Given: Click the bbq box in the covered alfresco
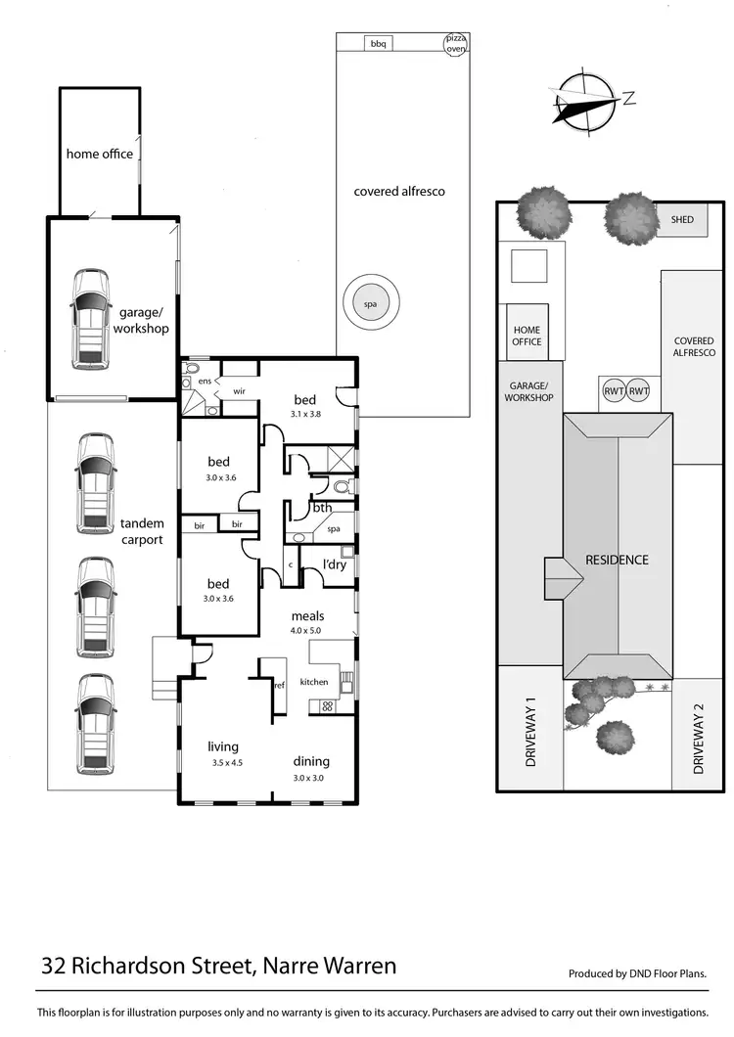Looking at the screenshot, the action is [378, 43].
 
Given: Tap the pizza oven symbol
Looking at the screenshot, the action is [456, 45].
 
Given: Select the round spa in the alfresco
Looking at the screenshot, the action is [370, 304].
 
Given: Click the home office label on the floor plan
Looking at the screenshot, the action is [100, 154].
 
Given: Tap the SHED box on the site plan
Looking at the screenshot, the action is [682, 219].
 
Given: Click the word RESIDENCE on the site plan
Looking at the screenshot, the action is [617, 560].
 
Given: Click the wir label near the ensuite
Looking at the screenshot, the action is [238, 390].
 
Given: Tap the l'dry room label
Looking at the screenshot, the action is [322, 564].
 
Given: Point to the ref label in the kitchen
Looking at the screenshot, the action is [279, 685].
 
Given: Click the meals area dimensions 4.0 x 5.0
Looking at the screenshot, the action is [307, 631].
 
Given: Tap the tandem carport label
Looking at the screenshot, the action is [142, 530].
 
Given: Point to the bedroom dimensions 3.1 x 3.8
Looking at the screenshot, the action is [305, 414].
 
